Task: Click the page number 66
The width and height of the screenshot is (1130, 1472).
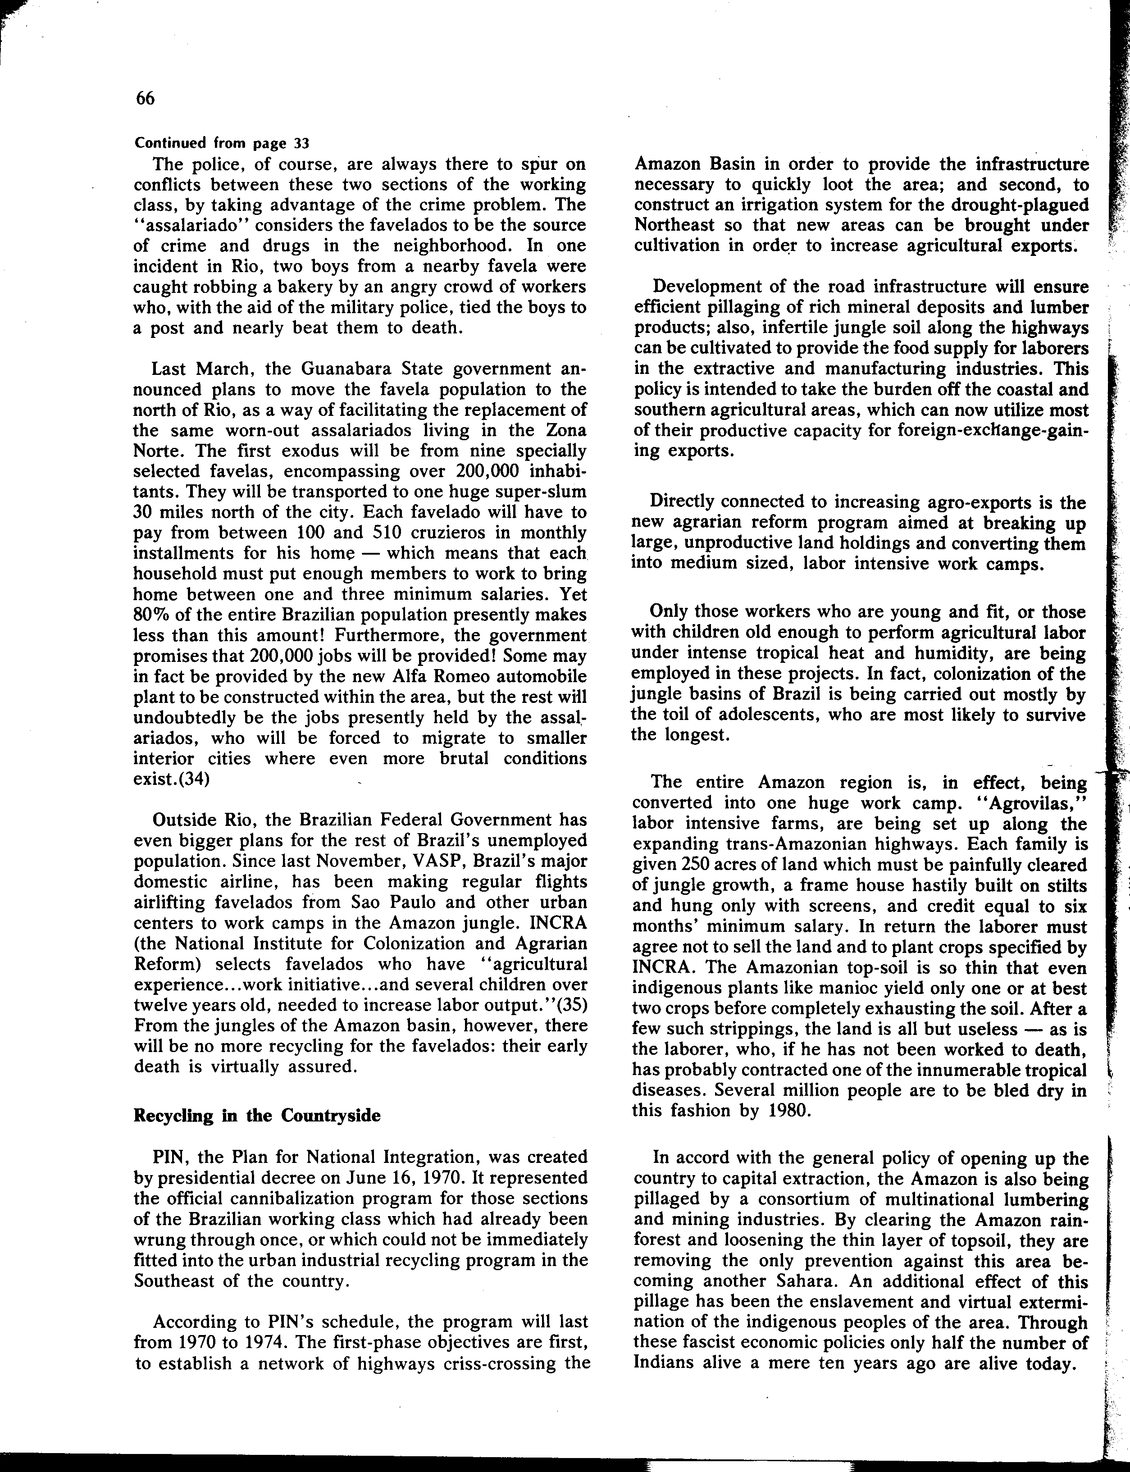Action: point(145,99)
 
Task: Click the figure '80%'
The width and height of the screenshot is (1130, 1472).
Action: point(150,615)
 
